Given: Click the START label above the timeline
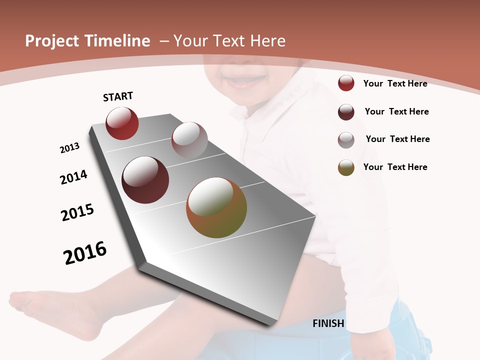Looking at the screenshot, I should pos(118,96).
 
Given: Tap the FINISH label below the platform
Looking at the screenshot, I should pos(328,323).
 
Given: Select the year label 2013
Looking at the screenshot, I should pos(69,148).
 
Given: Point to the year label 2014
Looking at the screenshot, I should pos(73,177).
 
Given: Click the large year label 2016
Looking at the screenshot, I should pos(85,253).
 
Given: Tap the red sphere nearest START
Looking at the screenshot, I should pos(122,123).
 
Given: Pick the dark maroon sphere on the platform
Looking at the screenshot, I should pos(145,180).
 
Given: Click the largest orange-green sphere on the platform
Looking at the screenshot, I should pos(216,207).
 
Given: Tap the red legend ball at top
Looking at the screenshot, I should pos(346,83).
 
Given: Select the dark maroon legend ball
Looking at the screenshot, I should pos(346,112).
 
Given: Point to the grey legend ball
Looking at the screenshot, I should pos(346,140).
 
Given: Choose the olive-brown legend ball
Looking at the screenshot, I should pos(346,167).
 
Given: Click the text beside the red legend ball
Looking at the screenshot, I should pos(395,83).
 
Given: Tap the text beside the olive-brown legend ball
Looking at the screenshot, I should pos(395,167).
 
